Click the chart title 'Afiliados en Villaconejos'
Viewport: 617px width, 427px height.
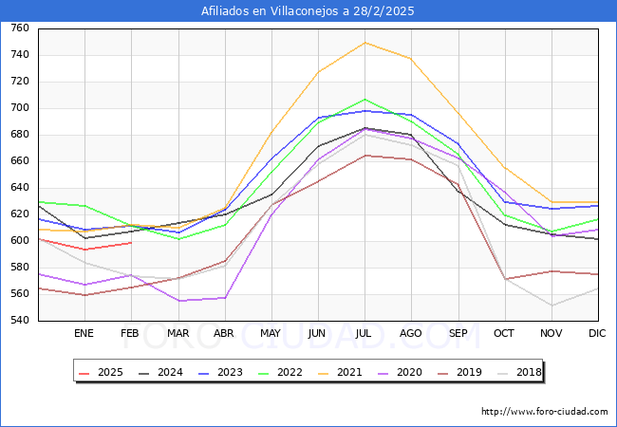pos(308,11)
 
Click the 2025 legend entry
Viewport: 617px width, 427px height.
pos(103,372)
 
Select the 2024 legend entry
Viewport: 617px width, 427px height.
pos(163,372)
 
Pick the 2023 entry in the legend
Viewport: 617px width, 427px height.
pos(222,372)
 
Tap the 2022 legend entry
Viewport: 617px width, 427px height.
pos(281,372)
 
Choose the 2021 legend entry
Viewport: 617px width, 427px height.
pos(341,372)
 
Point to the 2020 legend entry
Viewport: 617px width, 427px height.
pos(400,372)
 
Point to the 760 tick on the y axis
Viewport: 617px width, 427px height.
pos(19,28)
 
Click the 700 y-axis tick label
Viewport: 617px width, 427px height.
pos(19,108)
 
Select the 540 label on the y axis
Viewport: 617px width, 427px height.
pos(19,321)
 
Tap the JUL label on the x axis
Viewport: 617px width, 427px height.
pos(365,334)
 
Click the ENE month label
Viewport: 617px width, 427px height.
pos(84,334)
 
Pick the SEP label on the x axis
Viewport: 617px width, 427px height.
pos(458,334)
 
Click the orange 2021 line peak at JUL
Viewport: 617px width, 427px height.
pos(365,43)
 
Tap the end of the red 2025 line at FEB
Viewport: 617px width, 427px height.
pos(131,243)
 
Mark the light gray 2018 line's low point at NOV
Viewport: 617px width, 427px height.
pos(552,306)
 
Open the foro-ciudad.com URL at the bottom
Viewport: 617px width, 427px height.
pos(545,412)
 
